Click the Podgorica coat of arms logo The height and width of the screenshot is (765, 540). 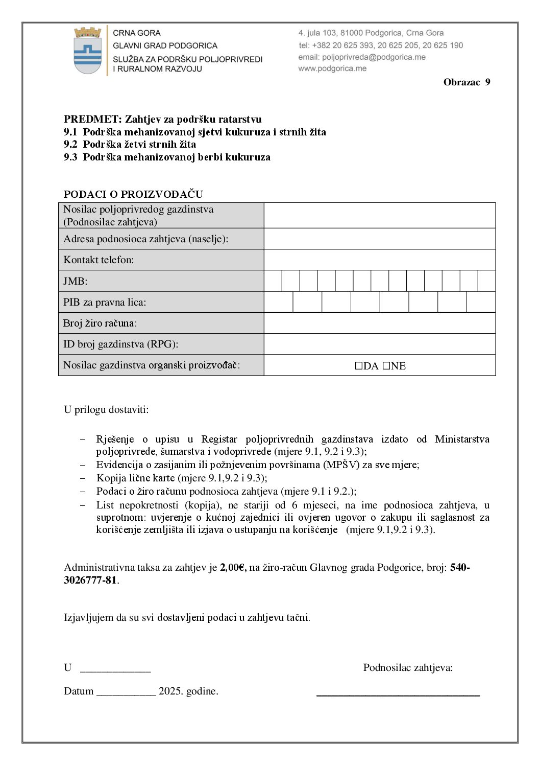[x=88, y=51]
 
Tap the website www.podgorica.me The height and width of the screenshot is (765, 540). [x=332, y=68]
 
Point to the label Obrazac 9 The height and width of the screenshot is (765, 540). [x=467, y=82]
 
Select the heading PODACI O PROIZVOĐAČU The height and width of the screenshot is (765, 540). [x=133, y=194]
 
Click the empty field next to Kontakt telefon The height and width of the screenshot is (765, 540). [x=379, y=260]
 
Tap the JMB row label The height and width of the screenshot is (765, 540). [x=76, y=281]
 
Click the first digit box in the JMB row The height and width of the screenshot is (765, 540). [x=273, y=281]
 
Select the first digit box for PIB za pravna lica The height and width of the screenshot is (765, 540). [x=279, y=302]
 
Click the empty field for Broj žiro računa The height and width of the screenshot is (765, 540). [x=379, y=323]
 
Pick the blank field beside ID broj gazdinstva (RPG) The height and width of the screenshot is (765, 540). [x=379, y=344]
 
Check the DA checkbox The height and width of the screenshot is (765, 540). [x=358, y=366]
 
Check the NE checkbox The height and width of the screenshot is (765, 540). [x=386, y=366]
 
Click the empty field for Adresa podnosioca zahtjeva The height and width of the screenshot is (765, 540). [x=379, y=239]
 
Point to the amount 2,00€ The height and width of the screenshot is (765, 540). [x=233, y=567]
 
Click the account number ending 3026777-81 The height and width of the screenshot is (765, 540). [x=90, y=581]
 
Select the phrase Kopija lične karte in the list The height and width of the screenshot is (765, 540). [x=135, y=478]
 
